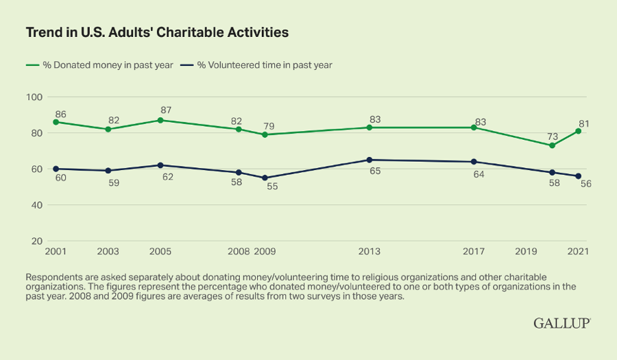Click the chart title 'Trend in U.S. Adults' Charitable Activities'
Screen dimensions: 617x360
click(157, 32)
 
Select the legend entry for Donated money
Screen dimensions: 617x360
click(99, 65)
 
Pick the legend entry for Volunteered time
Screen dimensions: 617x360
click(256, 65)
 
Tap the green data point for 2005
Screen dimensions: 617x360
click(160, 120)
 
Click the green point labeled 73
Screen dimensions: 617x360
click(552, 145)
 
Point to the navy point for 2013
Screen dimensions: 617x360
click(369, 160)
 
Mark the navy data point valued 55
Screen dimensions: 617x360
click(265, 178)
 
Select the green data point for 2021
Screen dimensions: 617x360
click(578, 131)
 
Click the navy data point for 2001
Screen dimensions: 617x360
click(56, 169)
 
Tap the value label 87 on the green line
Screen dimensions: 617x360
click(166, 110)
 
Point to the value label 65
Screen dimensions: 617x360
click(375, 171)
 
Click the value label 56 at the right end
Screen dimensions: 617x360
click(586, 184)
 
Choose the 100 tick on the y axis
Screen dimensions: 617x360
click(34, 97)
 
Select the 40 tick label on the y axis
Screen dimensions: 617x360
click(36, 205)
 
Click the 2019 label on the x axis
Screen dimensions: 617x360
click(526, 251)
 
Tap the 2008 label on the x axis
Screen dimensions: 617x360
click(239, 251)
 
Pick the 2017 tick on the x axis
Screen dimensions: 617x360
click(473, 251)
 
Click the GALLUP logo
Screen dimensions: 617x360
click(562, 323)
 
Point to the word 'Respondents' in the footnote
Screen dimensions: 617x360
click(50, 278)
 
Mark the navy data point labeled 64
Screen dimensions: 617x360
click(473, 162)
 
